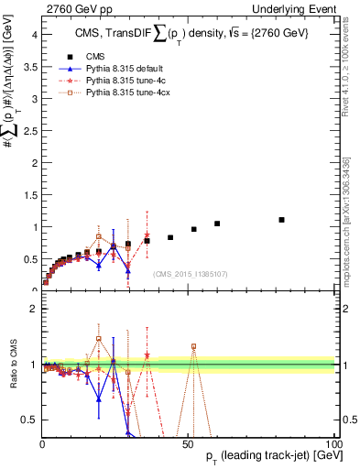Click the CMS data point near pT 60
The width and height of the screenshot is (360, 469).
coord(217,224)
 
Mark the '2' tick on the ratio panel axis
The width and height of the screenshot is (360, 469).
coord(33,309)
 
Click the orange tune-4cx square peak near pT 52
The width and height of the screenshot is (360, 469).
coord(194,346)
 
